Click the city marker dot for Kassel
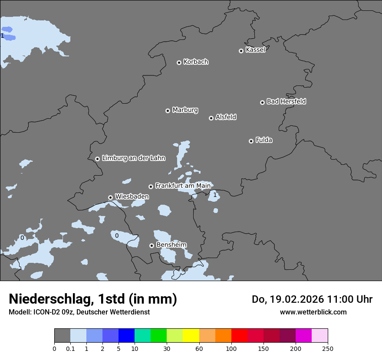(x=241, y=51)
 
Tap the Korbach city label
(x=196, y=62)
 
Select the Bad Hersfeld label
(x=286, y=101)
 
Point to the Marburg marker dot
(x=168, y=111)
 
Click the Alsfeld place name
(x=226, y=117)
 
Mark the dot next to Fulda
(x=251, y=141)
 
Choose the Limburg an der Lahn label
(x=133, y=158)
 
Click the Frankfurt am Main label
(x=183, y=186)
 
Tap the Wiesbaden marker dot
(x=110, y=197)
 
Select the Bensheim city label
(x=171, y=245)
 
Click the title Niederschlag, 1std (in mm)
(x=93, y=299)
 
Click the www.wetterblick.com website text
(x=313, y=312)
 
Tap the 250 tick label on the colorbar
(x=328, y=348)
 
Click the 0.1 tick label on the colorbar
(x=70, y=348)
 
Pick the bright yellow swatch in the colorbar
(x=191, y=336)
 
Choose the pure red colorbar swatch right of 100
(x=239, y=336)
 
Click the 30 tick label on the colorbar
(x=167, y=348)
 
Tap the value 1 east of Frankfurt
(x=215, y=195)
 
